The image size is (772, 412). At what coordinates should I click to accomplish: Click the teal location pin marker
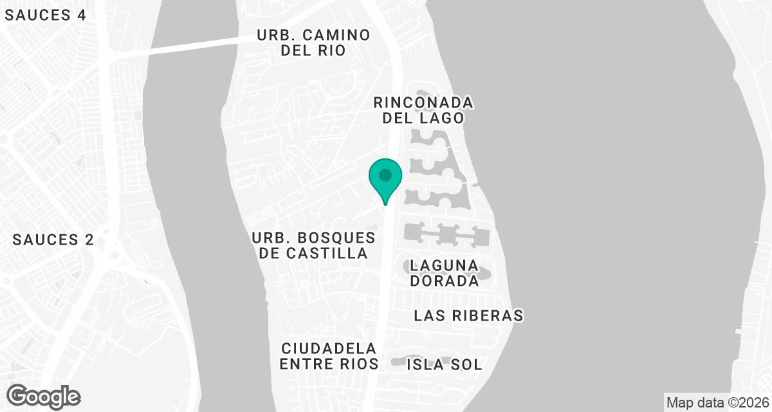[x=385, y=180]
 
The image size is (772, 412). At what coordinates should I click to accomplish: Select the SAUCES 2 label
[x=53, y=240]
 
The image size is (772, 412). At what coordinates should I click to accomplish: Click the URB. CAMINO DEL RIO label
[x=313, y=42]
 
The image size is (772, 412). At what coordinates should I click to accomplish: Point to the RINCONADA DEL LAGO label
[x=423, y=110]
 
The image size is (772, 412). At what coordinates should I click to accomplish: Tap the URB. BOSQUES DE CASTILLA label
[x=313, y=245]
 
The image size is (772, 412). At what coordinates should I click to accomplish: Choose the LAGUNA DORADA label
[x=445, y=273]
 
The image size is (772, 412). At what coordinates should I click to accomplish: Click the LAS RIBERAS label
[x=468, y=315]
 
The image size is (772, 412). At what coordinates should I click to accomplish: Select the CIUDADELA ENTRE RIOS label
[x=329, y=356]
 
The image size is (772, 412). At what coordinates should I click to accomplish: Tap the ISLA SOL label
[x=444, y=364]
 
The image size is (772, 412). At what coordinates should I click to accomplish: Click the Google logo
[x=43, y=395]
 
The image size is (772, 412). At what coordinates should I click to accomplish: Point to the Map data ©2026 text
[x=717, y=403]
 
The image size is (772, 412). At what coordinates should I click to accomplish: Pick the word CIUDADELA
[x=329, y=348]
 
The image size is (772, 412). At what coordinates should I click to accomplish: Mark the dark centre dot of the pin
[x=385, y=174]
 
